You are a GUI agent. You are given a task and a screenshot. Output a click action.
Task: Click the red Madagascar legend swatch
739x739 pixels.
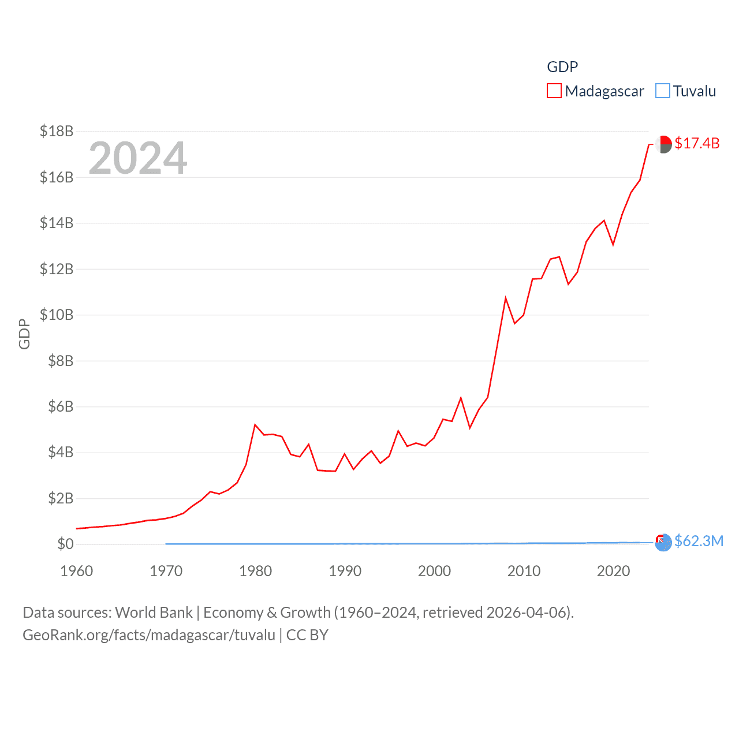[554, 91]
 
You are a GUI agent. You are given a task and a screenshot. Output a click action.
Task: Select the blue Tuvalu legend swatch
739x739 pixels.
[663, 91]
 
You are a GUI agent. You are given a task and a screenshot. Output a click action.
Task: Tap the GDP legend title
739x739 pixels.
[562, 67]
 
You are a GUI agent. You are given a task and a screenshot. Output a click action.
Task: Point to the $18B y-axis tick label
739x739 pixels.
[57, 131]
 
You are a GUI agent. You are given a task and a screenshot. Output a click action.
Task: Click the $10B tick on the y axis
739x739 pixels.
[57, 315]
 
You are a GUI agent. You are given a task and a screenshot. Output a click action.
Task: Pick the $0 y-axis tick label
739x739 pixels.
[65, 544]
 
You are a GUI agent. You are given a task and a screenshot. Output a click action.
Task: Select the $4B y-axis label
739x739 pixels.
[61, 452]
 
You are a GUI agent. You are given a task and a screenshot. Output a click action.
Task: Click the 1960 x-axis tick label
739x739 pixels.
[77, 571]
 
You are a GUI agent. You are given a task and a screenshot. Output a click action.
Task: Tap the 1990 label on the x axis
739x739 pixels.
[345, 571]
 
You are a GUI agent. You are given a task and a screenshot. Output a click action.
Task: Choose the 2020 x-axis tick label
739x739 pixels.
[613, 571]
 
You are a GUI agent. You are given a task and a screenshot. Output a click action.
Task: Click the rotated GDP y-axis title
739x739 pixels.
[24, 334]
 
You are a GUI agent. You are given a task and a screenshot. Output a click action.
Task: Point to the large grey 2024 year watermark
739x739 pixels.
[138, 158]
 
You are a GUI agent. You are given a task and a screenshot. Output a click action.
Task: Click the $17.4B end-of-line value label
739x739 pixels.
[697, 143]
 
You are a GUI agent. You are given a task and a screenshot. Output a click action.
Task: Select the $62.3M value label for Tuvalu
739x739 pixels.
[699, 541]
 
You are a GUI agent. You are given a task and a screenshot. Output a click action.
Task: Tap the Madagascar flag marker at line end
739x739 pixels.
[664, 144]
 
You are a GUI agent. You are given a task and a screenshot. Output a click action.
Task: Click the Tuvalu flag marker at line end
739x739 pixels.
[663, 543]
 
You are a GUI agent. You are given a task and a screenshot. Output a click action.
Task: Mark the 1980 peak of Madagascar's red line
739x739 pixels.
[255, 425]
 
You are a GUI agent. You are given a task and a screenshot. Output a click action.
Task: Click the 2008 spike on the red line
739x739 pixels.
[505, 298]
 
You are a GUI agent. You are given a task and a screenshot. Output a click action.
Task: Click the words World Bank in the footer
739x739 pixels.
[154, 612]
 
